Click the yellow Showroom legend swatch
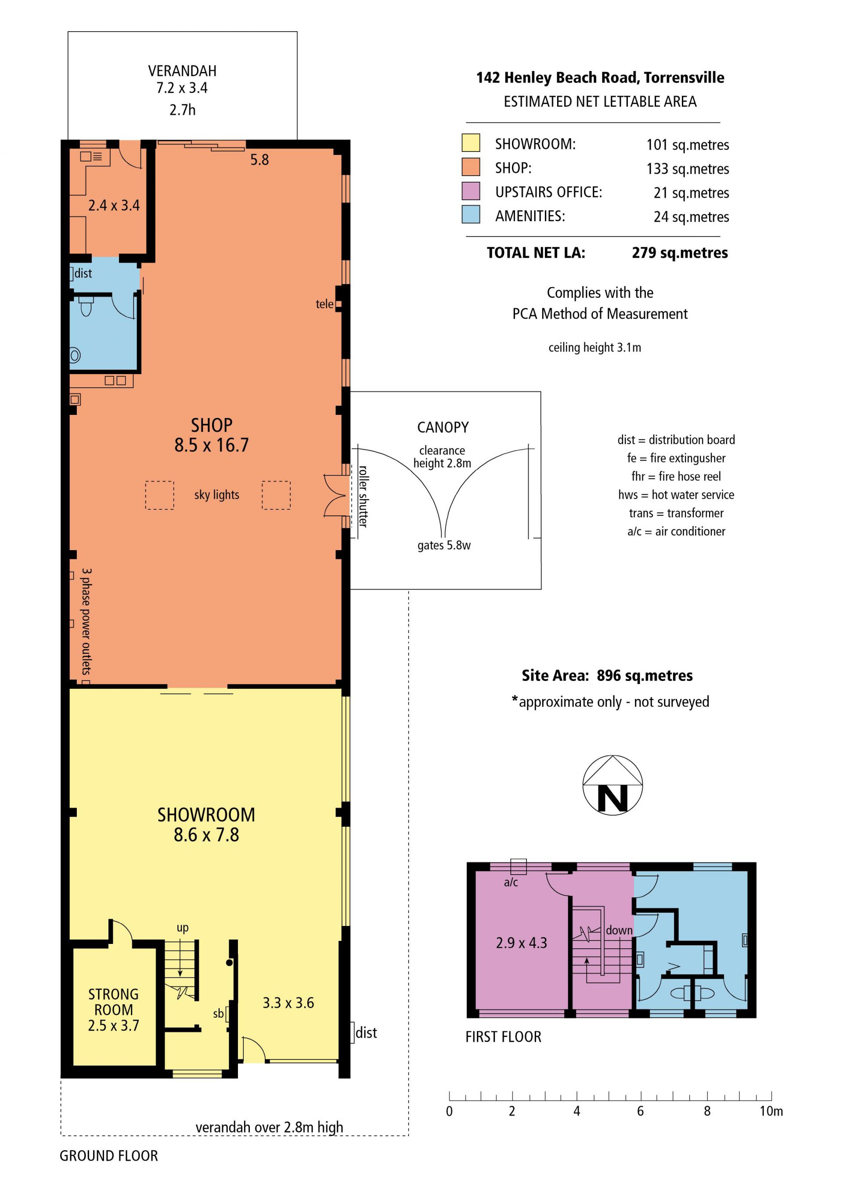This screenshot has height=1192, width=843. [470, 143]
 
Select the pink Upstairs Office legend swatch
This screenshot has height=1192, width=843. [470, 191]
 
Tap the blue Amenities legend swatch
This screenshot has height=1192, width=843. [470, 214]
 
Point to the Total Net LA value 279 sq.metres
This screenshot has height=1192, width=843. [680, 253]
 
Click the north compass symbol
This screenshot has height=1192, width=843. [612, 785]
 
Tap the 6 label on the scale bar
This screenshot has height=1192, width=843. [640, 1112]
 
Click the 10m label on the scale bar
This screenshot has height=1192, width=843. [771, 1112]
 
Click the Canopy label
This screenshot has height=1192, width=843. [443, 427]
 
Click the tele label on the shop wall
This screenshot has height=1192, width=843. [324, 304]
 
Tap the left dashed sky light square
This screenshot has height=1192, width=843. [159, 495]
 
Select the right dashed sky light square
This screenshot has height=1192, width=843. [276, 495]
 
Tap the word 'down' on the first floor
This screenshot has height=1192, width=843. [619, 930]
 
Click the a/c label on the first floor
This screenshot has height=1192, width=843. [511, 882]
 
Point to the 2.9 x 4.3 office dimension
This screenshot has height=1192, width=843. [521, 943]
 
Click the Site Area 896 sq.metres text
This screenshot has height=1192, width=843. [607, 675]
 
